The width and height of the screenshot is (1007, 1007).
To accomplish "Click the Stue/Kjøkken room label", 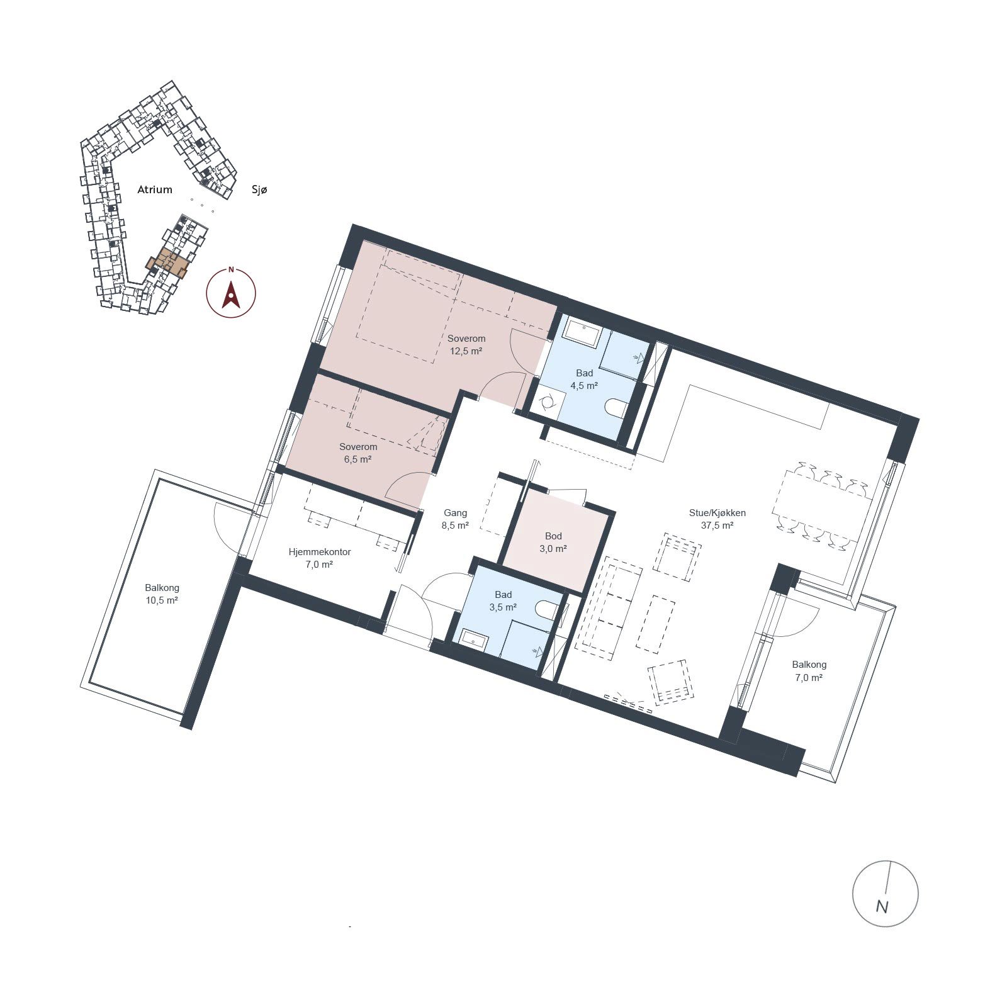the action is point(717,513).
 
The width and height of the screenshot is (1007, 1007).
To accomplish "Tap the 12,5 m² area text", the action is point(466,351).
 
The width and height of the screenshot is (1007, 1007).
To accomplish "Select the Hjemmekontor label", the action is point(320,552).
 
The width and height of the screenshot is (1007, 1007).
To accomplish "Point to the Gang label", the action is point(455,513).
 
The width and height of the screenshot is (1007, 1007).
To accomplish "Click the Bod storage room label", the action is point(553,536).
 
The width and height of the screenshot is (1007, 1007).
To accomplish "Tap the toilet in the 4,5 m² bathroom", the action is point(615,408).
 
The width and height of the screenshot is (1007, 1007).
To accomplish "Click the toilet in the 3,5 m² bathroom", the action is point(546,609).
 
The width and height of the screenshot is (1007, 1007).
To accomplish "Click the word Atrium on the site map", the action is point(155,189).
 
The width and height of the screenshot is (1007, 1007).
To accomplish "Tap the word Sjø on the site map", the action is point(259,189).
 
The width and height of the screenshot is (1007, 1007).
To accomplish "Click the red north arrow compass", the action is point(231,293).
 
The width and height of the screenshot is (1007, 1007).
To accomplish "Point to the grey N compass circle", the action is point(885,893).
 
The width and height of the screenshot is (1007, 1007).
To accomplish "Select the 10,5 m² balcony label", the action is point(162,600).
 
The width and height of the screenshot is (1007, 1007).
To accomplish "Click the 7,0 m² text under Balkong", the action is point(809,678).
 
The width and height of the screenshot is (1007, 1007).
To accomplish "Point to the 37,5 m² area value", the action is point(717,526).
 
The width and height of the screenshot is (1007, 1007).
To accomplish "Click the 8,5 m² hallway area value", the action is point(455,526).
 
